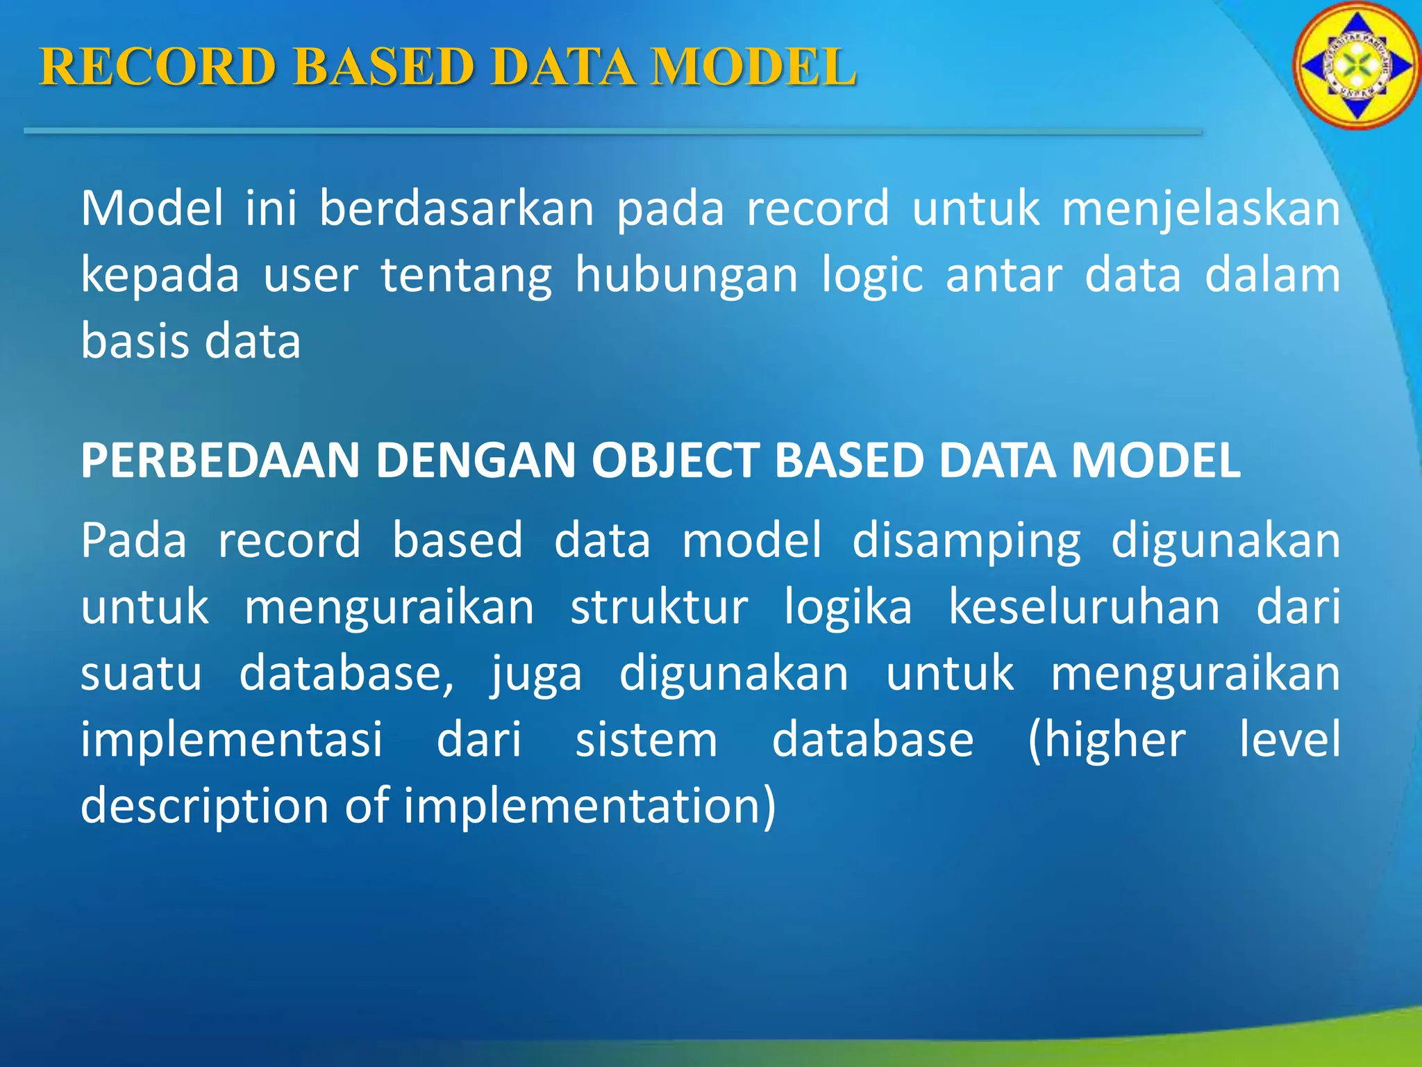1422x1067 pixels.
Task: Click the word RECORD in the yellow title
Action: click(x=158, y=67)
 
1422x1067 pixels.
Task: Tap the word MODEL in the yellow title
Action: click(x=753, y=67)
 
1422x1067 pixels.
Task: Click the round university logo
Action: click(x=1355, y=66)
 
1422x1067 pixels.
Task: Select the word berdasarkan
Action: click(x=456, y=208)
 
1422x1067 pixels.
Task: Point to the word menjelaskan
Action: click(x=1201, y=208)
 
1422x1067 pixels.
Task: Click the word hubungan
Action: click(x=686, y=275)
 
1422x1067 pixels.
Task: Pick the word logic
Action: click(x=872, y=275)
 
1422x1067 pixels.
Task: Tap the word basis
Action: click(x=131, y=341)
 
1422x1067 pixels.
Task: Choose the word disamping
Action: click(x=966, y=541)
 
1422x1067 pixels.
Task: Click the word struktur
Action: click(x=659, y=607)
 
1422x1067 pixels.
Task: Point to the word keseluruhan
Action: click(x=1084, y=607)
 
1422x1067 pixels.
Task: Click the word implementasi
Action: click(x=231, y=740)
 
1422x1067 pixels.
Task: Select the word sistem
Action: click(x=646, y=740)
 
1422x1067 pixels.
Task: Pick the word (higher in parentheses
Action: click(x=1106, y=740)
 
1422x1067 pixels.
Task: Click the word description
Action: click(x=204, y=807)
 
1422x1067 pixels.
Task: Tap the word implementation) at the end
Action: click(x=589, y=807)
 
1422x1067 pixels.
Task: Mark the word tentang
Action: click(x=466, y=275)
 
